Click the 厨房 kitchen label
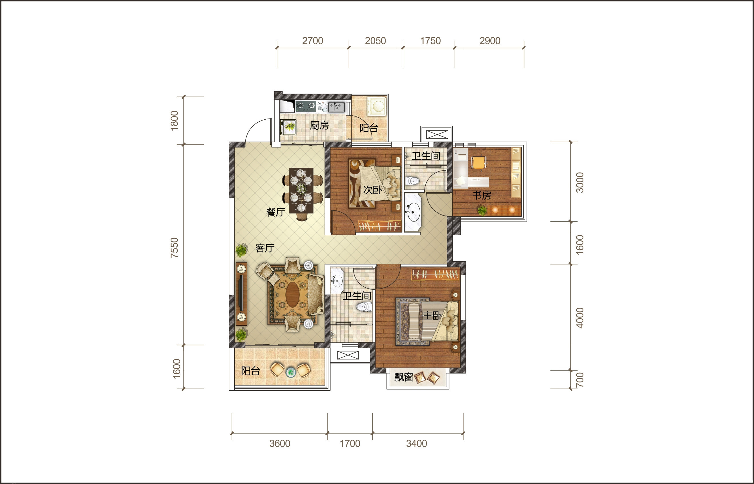[319, 126]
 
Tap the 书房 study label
[482, 195]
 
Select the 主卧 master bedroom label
[432, 315]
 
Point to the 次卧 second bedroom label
[373, 190]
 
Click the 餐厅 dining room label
[276, 212]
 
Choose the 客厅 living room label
[265, 248]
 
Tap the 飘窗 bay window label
[404, 377]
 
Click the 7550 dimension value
[174, 248]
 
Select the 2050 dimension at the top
[375, 41]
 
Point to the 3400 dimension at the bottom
[417, 443]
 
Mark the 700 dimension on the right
[580, 380]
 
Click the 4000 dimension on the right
[580, 318]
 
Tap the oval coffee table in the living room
[292, 295]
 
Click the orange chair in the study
[478, 163]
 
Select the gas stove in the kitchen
[305, 106]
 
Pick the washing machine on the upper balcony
[376, 106]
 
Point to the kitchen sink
[336, 106]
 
